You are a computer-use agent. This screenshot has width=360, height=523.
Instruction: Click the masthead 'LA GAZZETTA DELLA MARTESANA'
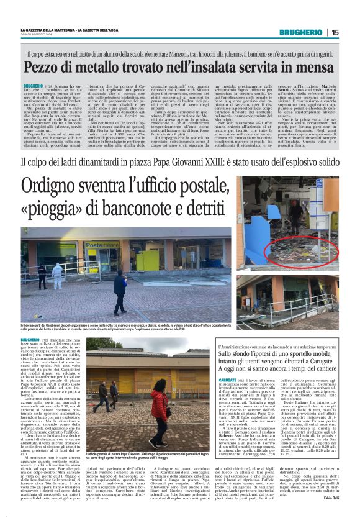(x=50, y=30)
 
